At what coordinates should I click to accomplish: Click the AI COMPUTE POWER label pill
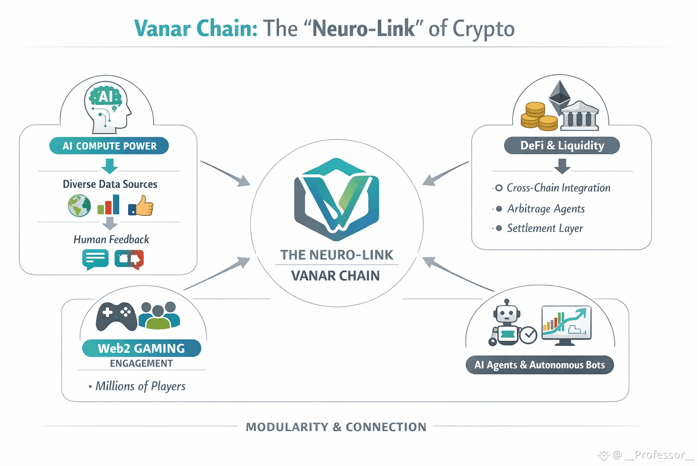point(109,146)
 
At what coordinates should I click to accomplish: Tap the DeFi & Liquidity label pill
point(562,146)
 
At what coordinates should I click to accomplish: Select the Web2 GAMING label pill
point(141,348)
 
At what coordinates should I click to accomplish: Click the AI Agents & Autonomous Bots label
point(539,365)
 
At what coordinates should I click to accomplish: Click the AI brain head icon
point(107,107)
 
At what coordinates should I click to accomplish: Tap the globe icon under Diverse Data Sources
point(79,206)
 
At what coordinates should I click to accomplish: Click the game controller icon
point(116,316)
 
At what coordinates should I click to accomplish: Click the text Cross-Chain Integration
point(558,188)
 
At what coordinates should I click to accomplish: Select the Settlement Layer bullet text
point(545,228)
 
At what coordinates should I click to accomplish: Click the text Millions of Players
point(140,386)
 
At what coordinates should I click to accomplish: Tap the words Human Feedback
point(111,239)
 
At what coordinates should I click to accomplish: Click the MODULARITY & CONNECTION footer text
point(336,427)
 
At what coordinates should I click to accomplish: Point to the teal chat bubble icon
point(95,259)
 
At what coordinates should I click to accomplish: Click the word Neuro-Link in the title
point(364,29)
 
